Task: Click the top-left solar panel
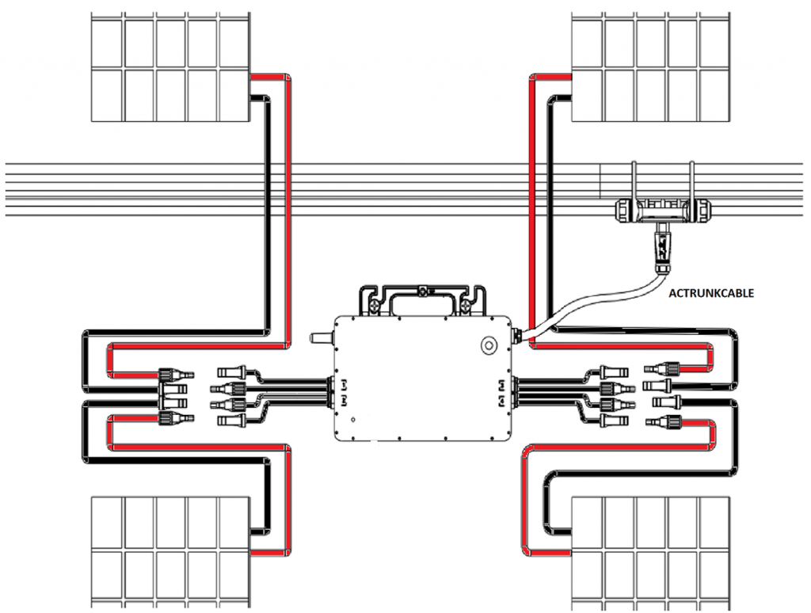[x=169, y=69]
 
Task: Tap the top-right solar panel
[x=649, y=69]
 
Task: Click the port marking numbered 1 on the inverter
[x=344, y=383]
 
